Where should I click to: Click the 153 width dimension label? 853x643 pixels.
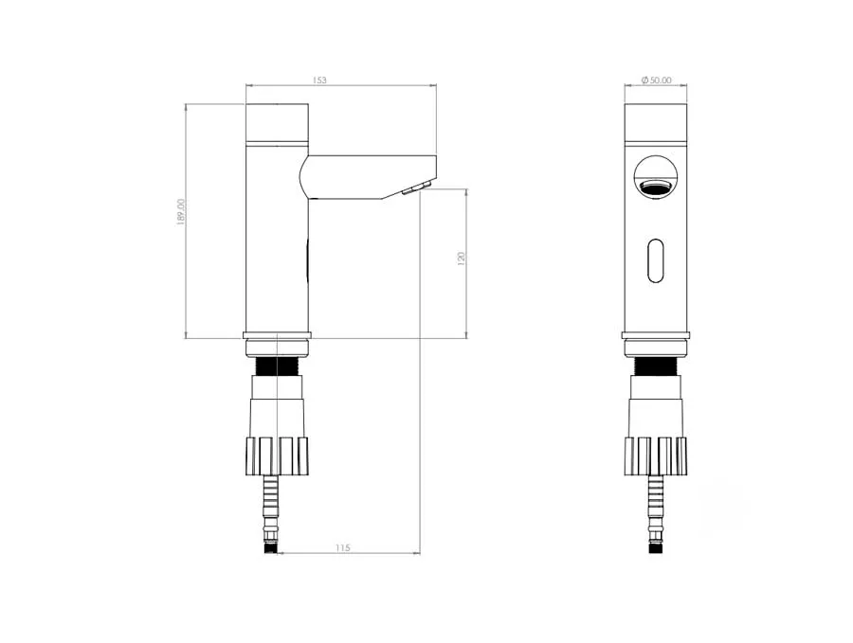coord(319,80)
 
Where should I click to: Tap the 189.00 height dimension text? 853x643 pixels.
coord(182,212)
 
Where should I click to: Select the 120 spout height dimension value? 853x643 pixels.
coord(462,258)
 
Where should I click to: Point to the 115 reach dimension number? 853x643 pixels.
coord(343,548)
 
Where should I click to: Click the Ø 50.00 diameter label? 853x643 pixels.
coord(656,80)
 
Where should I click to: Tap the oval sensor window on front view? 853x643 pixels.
coord(656,260)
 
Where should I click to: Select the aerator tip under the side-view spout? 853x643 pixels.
coord(416,188)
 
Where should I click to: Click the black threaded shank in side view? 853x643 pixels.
coord(277,366)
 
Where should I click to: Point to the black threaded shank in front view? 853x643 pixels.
coord(656,366)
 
